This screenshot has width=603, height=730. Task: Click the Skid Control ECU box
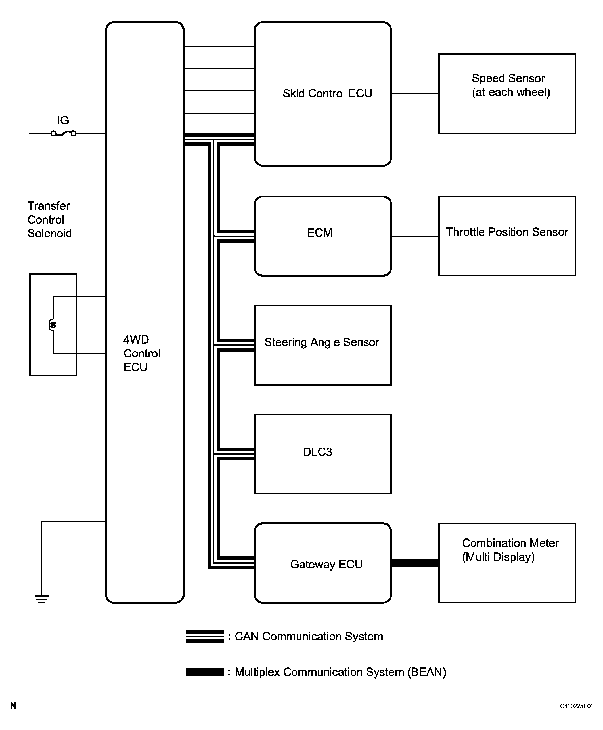(x=323, y=94)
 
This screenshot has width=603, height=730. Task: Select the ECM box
(x=323, y=236)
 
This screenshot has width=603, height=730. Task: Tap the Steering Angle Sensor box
(x=323, y=345)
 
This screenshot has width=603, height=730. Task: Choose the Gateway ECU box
(x=323, y=563)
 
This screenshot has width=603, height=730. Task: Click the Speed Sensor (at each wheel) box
(x=507, y=94)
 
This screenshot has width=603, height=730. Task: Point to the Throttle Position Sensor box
(x=507, y=236)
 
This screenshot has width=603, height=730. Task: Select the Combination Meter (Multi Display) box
(x=507, y=563)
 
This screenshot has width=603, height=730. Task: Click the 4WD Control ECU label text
(x=142, y=353)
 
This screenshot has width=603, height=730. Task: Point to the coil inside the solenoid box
(x=53, y=325)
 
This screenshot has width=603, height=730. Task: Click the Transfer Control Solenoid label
(x=49, y=219)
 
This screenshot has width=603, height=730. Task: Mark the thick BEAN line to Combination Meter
(x=415, y=563)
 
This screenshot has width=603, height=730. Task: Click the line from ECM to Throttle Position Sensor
(x=415, y=236)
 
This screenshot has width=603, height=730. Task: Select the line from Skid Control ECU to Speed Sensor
(x=415, y=94)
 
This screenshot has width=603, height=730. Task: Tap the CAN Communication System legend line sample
(x=205, y=636)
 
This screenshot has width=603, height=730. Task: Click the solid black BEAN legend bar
(x=205, y=672)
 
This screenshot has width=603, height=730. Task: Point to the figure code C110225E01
(x=576, y=706)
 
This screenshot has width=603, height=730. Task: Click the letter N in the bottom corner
(x=13, y=705)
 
